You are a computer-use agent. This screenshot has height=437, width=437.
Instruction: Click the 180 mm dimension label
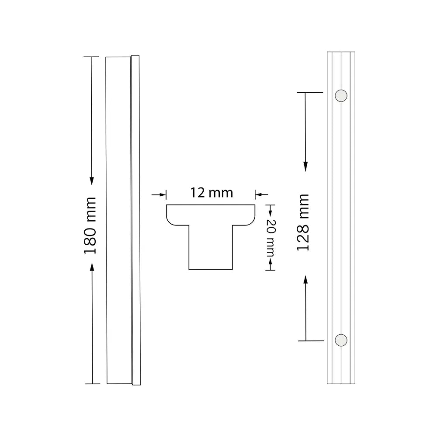tap(89, 226)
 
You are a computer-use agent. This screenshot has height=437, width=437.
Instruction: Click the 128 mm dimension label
tap(302, 222)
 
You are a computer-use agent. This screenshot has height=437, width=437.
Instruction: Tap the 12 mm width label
tap(212, 193)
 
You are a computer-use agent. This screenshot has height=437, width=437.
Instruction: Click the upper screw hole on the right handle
tap(341, 95)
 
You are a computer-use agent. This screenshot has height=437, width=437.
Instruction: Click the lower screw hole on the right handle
tap(341, 340)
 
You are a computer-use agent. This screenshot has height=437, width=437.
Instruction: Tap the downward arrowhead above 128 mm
tap(305, 166)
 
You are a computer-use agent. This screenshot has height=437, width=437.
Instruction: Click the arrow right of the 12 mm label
tap(259, 194)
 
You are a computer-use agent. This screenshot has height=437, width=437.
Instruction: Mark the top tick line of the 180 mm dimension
tap(92, 57)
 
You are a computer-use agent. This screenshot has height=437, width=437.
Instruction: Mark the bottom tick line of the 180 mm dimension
tap(92, 384)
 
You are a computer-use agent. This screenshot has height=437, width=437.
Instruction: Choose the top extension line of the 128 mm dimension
tap(310, 93)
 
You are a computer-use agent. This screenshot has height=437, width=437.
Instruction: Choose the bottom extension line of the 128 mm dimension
tap(310, 340)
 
